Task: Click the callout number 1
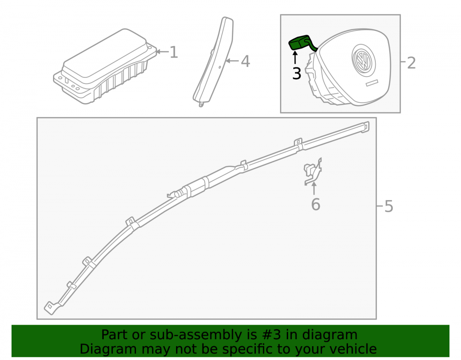pos(174,52)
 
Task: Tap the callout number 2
pos(411,63)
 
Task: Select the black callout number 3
pos(296,73)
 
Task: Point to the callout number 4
pos(246,61)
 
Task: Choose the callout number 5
pos(389,207)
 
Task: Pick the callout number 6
pos(315,205)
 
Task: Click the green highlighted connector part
pos(302,43)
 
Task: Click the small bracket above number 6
pos(313,171)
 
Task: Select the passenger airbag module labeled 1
pos(105,66)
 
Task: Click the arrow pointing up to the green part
pos(295,57)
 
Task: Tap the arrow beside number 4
pos(232,61)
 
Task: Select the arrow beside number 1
pos(162,52)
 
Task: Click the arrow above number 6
pos(314,189)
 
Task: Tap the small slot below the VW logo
pos(372,83)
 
